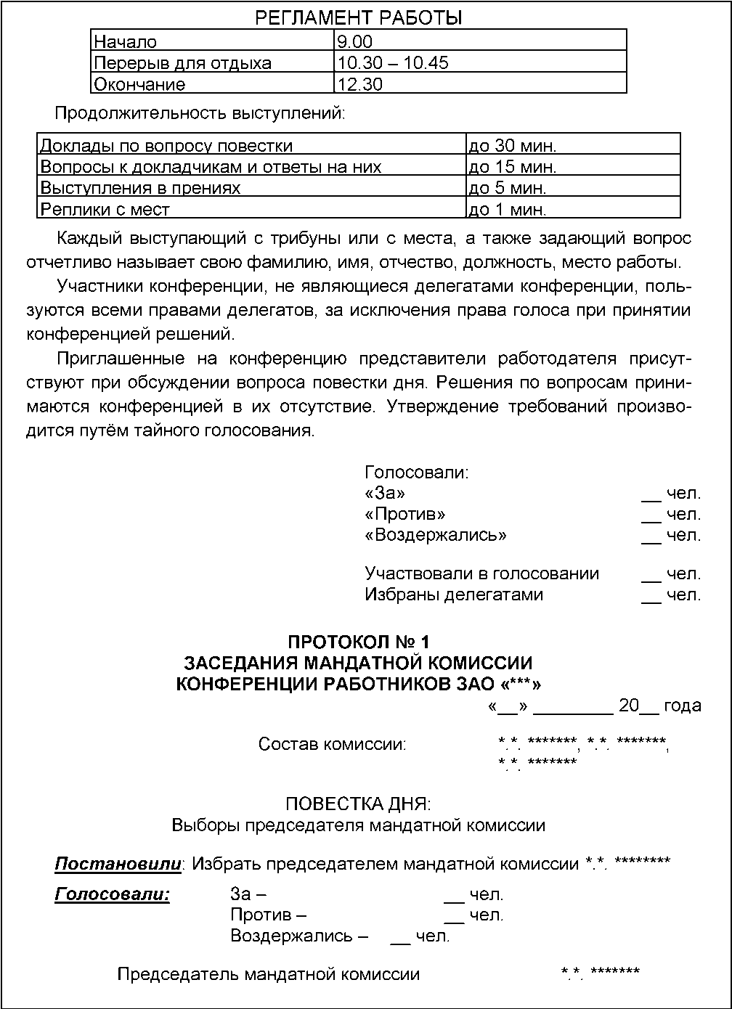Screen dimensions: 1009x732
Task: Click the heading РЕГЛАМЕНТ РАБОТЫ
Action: click(359, 17)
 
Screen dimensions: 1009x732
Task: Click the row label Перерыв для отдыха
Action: click(183, 63)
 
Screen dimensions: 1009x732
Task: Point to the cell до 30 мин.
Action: click(513, 146)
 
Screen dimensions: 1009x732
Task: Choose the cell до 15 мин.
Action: click(513, 167)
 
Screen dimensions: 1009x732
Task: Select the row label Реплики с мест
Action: click(105, 210)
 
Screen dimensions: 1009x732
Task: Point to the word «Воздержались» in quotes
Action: click(436, 536)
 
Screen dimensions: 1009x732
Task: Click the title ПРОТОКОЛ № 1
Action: click(359, 642)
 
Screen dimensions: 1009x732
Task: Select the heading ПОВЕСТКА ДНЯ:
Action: click(358, 804)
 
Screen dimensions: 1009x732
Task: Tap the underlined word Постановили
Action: click(118, 864)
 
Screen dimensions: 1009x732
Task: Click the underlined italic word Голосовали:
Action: click(113, 894)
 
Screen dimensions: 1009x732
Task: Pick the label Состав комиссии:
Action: click(333, 745)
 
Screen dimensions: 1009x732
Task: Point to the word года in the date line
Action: click(683, 706)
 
